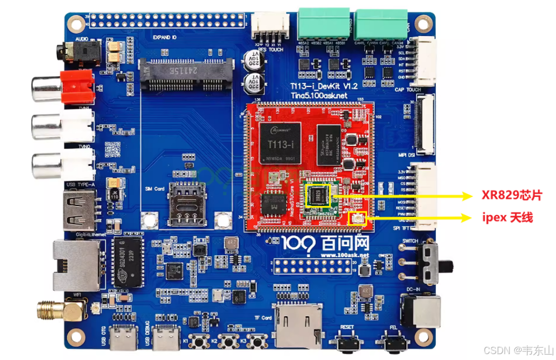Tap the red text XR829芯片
click(511, 196)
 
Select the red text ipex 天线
click(508, 218)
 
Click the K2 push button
click(229, 341)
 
